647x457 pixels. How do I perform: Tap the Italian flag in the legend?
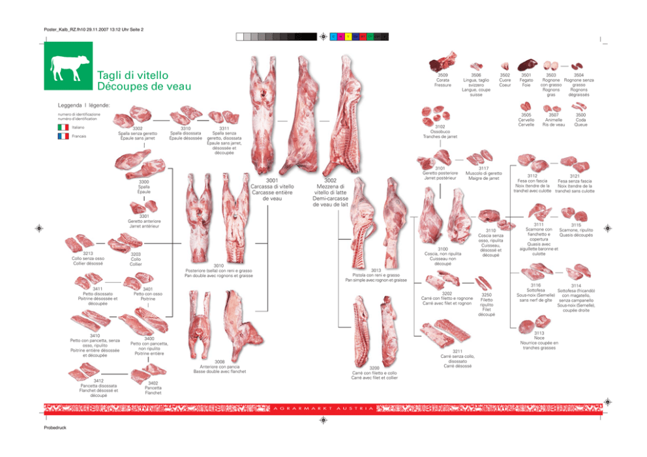point(63,128)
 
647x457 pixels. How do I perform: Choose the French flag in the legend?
point(63,137)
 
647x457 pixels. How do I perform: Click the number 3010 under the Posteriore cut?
point(218,265)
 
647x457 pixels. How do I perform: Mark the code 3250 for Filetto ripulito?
point(487,295)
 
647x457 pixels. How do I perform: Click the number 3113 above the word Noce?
point(539,332)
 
